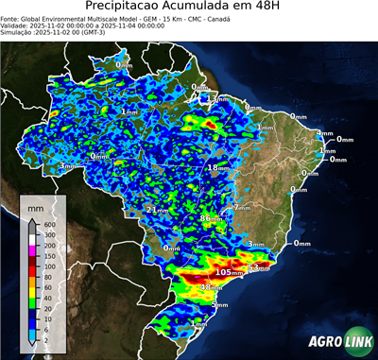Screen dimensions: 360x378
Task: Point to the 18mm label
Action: [x=217, y=167]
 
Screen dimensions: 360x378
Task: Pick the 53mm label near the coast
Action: [x=257, y=269]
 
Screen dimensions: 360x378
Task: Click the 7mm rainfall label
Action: [x=240, y=207]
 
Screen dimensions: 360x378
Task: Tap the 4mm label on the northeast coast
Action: [x=324, y=133]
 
